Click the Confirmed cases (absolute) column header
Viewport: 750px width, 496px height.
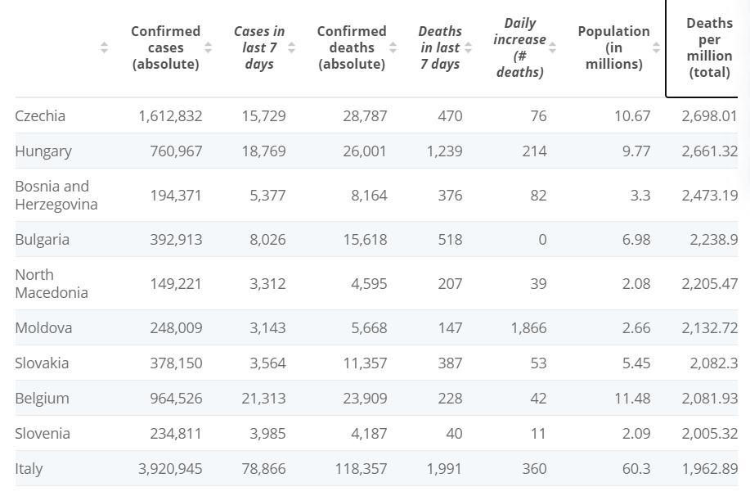point(165,47)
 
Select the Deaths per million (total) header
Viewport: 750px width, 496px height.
point(709,47)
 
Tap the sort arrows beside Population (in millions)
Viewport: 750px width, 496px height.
point(656,47)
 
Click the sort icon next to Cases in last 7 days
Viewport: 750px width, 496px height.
point(291,47)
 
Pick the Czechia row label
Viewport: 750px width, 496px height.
point(40,116)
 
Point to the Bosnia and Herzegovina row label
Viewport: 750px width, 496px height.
point(56,195)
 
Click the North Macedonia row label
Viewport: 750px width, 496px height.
point(52,283)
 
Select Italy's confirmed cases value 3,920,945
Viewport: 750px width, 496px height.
point(170,468)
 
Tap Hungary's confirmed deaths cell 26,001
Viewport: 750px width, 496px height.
point(365,151)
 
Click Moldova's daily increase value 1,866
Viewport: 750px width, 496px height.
point(528,327)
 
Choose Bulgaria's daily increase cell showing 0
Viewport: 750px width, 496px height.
point(542,239)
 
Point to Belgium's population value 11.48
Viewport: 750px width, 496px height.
point(632,398)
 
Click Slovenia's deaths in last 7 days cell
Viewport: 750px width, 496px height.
point(454,433)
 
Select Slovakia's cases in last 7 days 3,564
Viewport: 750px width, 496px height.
point(267,363)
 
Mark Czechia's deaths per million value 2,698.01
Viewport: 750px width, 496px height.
point(709,116)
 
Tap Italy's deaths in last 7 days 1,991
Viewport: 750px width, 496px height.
point(444,468)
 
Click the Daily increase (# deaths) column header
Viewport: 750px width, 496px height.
point(520,47)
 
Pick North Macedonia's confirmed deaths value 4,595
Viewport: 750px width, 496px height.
point(369,283)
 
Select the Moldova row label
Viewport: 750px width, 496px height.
point(43,327)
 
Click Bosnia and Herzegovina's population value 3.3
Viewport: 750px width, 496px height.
point(640,195)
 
